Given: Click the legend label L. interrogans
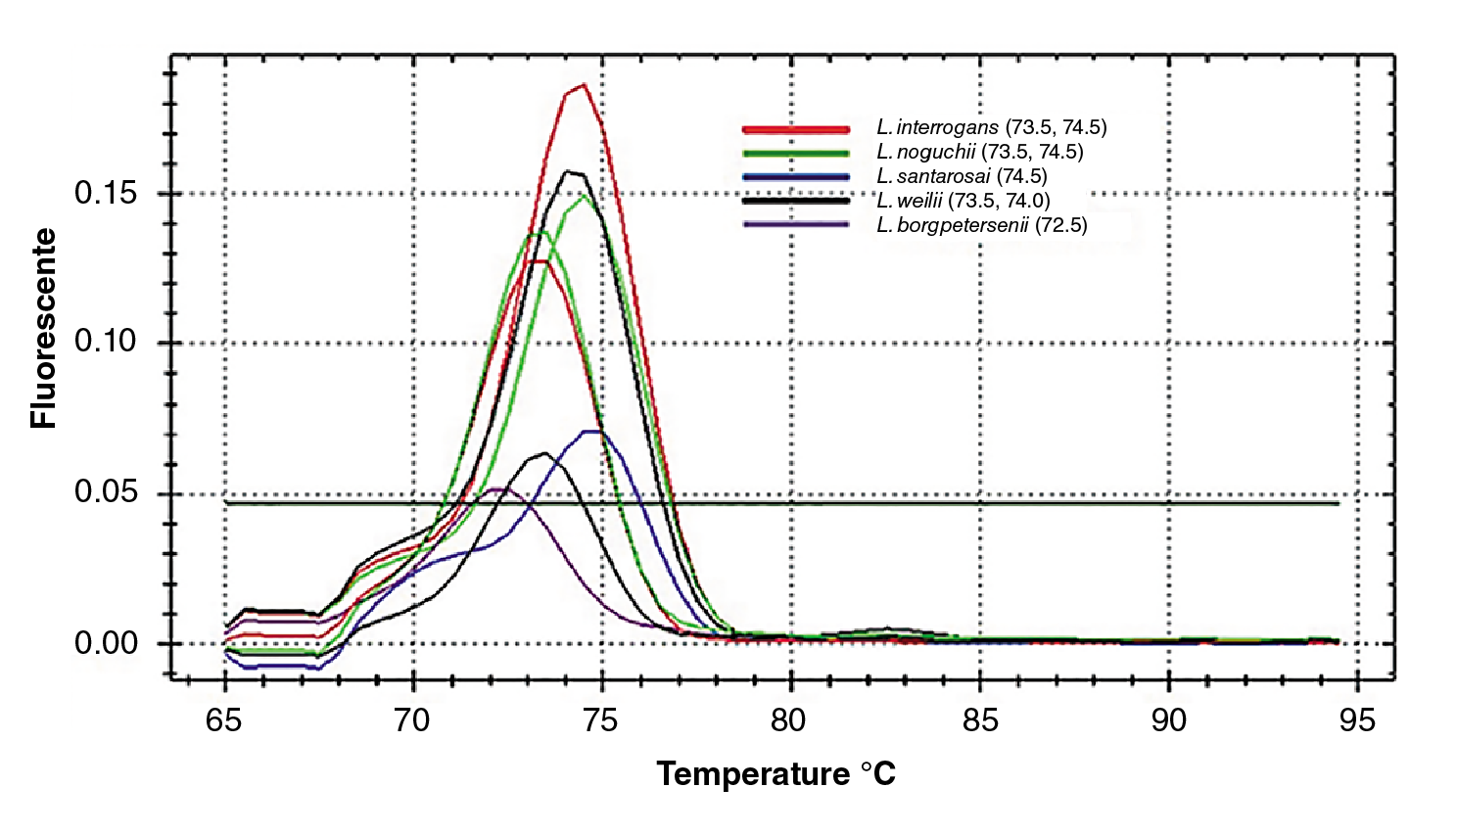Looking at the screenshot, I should pyautogui.click(x=991, y=127).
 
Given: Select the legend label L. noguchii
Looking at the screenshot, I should pyautogui.click(x=979, y=152).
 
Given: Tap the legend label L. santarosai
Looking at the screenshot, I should pyautogui.click(x=962, y=176).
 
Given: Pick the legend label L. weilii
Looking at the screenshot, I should pyautogui.click(x=963, y=201).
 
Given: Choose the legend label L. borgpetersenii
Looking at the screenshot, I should pyautogui.click(x=981, y=225).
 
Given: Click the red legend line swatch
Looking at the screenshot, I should pyautogui.click(x=795, y=129).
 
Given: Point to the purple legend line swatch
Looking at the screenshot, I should pyautogui.click(x=795, y=224).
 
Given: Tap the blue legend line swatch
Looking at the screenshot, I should pyautogui.click(x=795, y=177).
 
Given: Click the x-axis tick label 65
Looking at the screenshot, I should pyautogui.click(x=224, y=721).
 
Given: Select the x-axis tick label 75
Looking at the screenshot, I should pyautogui.click(x=600, y=721).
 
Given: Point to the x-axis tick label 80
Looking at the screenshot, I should pyautogui.click(x=788, y=721).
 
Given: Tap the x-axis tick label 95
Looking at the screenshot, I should pyautogui.click(x=1357, y=721).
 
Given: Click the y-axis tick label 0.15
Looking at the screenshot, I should pyautogui.click(x=106, y=193).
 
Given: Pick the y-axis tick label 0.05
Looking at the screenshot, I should pyautogui.click(x=106, y=491).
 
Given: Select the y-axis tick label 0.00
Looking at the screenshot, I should pyautogui.click(x=106, y=643).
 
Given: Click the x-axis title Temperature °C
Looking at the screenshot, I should pyautogui.click(x=775, y=774).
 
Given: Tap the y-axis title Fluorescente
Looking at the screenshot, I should pyautogui.click(x=44, y=328).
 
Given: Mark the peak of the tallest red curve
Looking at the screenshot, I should pyautogui.click(x=584, y=85).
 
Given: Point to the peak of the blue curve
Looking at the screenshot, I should pyautogui.click(x=591, y=431).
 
